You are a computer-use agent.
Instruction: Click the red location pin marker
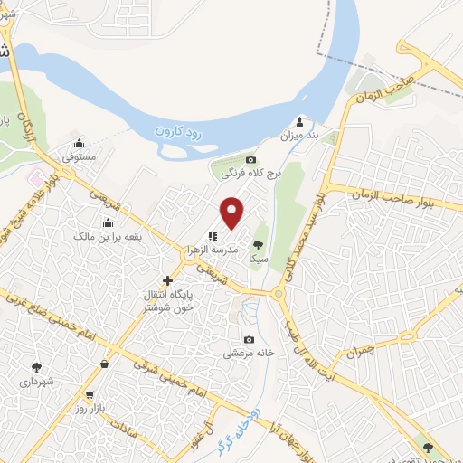(x=233, y=212)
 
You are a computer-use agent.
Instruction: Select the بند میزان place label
(x=300, y=136)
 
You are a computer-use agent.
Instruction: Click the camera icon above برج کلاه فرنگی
(x=251, y=160)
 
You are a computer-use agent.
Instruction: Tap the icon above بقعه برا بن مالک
(x=109, y=222)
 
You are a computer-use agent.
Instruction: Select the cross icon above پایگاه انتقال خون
(x=166, y=281)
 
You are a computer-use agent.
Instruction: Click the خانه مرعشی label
(x=249, y=354)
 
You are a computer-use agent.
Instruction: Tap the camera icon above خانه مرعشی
(x=250, y=340)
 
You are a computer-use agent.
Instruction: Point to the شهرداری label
(x=36, y=382)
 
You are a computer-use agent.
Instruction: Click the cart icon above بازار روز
(x=90, y=395)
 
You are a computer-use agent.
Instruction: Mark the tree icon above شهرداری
(x=36, y=367)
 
